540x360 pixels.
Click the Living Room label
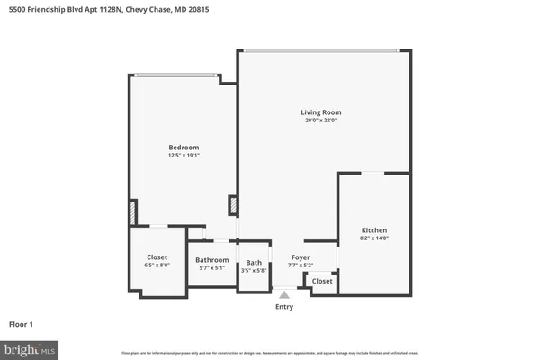click(x=321, y=112)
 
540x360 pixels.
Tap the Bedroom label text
click(x=184, y=148)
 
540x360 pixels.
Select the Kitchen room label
click(x=374, y=230)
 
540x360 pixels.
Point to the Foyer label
click(x=300, y=258)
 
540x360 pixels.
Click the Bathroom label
click(x=212, y=260)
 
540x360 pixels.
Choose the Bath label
click(x=253, y=264)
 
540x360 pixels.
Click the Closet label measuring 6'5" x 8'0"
click(x=157, y=256)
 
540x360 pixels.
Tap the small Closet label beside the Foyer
click(x=322, y=281)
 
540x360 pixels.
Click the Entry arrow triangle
click(x=284, y=293)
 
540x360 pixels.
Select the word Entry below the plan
click(x=284, y=307)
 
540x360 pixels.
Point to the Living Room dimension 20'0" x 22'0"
click(x=321, y=121)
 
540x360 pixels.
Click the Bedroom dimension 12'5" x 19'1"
click(x=184, y=156)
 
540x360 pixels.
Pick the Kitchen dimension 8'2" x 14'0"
click(x=374, y=238)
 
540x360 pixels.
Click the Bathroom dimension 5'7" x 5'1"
click(x=212, y=268)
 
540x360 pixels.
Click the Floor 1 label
click(x=22, y=324)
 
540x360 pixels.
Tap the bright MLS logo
click(x=30, y=349)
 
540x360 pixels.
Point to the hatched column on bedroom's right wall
click(x=233, y=206)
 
